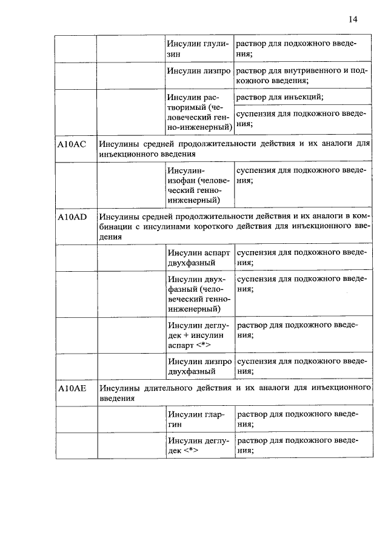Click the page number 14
pos(353,19)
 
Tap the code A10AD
pos(72,217)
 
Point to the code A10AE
pos(72,388)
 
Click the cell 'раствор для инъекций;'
pos(279,97)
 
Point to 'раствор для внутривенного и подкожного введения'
pos(303,75)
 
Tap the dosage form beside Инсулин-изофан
pos(303,175)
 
